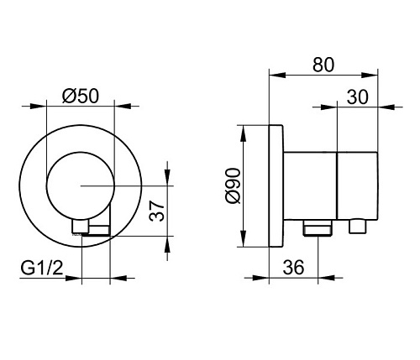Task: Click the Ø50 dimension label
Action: tap(81, 96)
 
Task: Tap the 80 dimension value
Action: tap(323, 65)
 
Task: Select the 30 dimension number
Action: tap(358, 97)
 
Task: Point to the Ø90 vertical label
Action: tap(233, 185)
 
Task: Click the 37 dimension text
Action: tap(157, 211)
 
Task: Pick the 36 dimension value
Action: tap(293, 267)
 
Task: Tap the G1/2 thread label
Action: tap(42, 269)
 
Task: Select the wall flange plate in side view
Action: tap(276, 185)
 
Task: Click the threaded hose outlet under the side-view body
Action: tap(318, 227)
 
